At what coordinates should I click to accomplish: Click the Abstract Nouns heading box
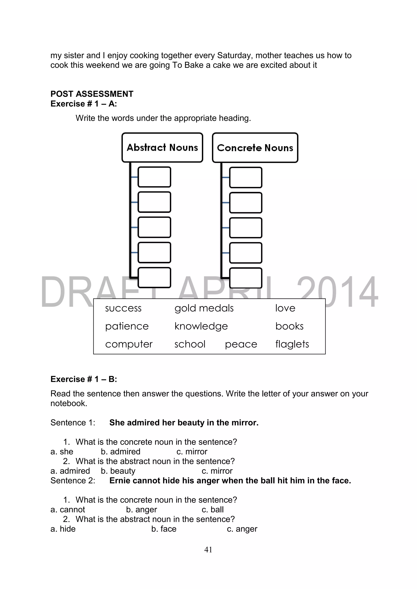click(162, 148)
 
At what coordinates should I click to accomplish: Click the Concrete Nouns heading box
click(255, 148)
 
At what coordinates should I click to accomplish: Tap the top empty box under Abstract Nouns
click(154, 177)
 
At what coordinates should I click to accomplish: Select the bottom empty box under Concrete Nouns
click(246, 278)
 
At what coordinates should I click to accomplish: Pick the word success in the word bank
click(123, 308)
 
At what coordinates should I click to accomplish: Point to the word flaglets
click(292, 344)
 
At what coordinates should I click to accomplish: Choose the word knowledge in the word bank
click(201, 326)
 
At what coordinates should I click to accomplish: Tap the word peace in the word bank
click(241, 344)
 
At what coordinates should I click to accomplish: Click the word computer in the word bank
click(129, 344)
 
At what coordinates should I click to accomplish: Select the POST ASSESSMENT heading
click(92, 94)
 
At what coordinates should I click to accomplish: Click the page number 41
click(208, 550)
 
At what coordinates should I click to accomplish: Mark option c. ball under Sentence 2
click(213, 509)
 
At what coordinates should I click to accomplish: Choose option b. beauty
click(118, 471)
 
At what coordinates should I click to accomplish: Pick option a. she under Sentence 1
click(62, 451)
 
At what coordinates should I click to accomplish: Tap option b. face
click(164, 529)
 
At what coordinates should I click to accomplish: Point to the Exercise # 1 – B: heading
click(84, 379)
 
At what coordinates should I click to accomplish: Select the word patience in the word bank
click(127, 326)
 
